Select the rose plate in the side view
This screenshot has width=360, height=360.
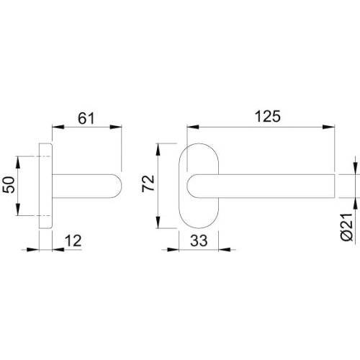(45, 186)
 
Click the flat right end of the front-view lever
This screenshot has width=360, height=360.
(336, 186)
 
